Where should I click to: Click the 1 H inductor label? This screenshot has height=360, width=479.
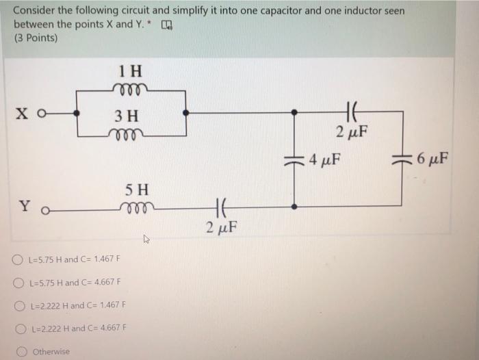[130, 70]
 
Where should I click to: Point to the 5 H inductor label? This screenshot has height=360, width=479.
[137, 188]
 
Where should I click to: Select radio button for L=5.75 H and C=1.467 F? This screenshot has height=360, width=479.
[19, 260]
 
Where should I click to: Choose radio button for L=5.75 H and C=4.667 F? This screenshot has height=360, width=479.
[19, 282]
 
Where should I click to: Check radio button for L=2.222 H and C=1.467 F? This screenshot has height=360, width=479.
[19, 305]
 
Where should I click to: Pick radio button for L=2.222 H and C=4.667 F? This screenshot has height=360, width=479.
[19, 328]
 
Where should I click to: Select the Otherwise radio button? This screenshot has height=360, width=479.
[19, 351]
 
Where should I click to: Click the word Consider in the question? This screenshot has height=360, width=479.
[32, 12]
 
